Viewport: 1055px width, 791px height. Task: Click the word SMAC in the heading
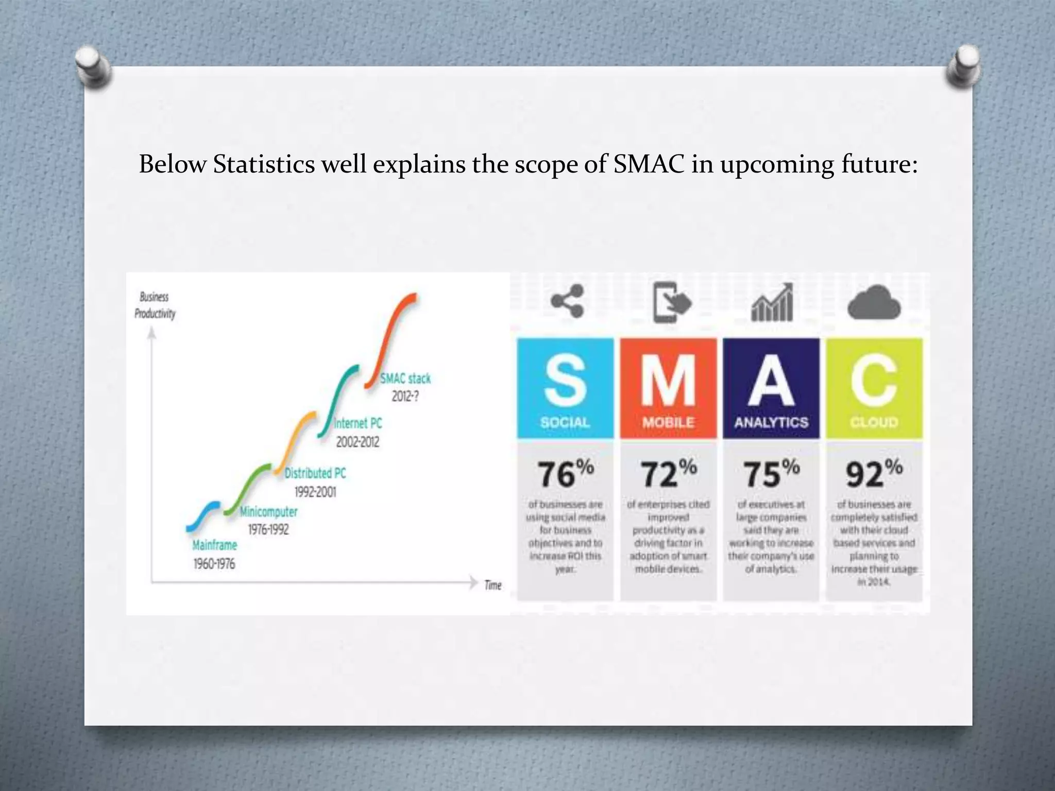point(649,164)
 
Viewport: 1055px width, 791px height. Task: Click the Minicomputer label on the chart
point(268,512)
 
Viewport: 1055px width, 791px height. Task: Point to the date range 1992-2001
point(315,492)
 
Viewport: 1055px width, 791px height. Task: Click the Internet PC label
point(358,423)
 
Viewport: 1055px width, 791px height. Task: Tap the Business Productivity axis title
point(155,305)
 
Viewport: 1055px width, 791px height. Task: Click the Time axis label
point(492,585)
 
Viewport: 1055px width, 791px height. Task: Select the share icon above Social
point(567,301)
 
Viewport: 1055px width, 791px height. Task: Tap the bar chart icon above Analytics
point(772,303)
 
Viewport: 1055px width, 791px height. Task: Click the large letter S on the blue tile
point(565,382)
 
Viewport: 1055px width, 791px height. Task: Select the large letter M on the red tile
point(668,382)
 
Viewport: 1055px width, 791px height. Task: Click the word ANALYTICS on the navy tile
point(771,422)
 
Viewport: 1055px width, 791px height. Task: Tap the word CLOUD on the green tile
point(874,422)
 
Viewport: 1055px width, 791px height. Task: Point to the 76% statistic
point(565,473)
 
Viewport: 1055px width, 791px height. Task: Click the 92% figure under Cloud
point(874,473)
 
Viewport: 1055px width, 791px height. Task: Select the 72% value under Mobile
point(668,473)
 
